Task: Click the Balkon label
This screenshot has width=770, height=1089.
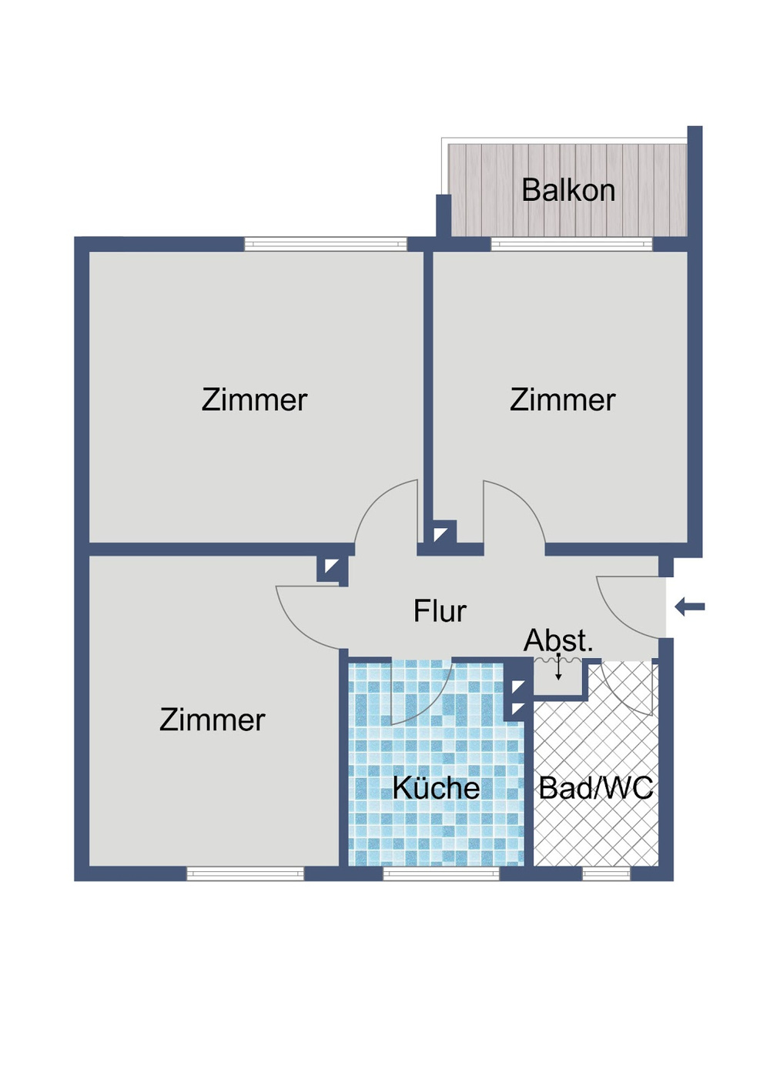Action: click(x=568, y=190)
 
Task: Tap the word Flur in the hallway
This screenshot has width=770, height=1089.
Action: click(x=440, y=611)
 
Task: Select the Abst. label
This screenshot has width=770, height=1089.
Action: click(x=558, y=640)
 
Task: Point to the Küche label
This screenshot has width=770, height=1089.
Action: click(x=436, y=788)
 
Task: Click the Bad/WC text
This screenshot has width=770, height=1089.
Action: click(x=596, y=788)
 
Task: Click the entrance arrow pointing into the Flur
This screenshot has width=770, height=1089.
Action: click(x=690, y=607)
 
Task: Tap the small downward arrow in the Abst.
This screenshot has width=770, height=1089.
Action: click(x=558, y=670)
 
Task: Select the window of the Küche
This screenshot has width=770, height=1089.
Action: click(x=441, y=874)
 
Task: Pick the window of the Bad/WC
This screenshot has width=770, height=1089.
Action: click(x=606, y=874)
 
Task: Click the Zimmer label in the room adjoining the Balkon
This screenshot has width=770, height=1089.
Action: click(x=562, y=400)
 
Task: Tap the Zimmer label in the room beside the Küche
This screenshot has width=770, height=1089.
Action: click(x=212, y=720)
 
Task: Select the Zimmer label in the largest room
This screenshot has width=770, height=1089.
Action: click(x=254, y=400)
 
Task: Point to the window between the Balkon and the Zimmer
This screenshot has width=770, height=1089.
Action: click(x=571, y=244)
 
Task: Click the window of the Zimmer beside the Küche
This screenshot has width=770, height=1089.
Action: click(x=245, y=874)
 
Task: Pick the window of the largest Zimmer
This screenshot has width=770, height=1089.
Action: click(x=325, y=244)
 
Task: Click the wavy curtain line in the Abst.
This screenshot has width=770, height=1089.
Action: click(x=558, y=659)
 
